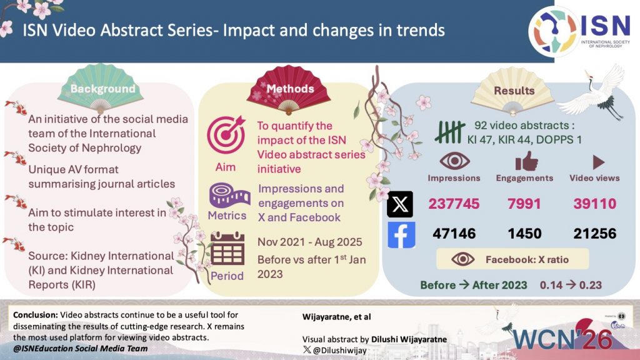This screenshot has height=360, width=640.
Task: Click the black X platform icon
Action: [x=401, y=204]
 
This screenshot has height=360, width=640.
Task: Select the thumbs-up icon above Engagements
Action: [x=525, y=162]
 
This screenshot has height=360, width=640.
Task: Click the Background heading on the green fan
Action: [x=102, y=89]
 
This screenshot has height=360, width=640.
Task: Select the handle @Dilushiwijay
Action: [x=341, y=351]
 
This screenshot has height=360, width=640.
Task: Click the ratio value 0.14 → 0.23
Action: [x=571, y=285]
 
